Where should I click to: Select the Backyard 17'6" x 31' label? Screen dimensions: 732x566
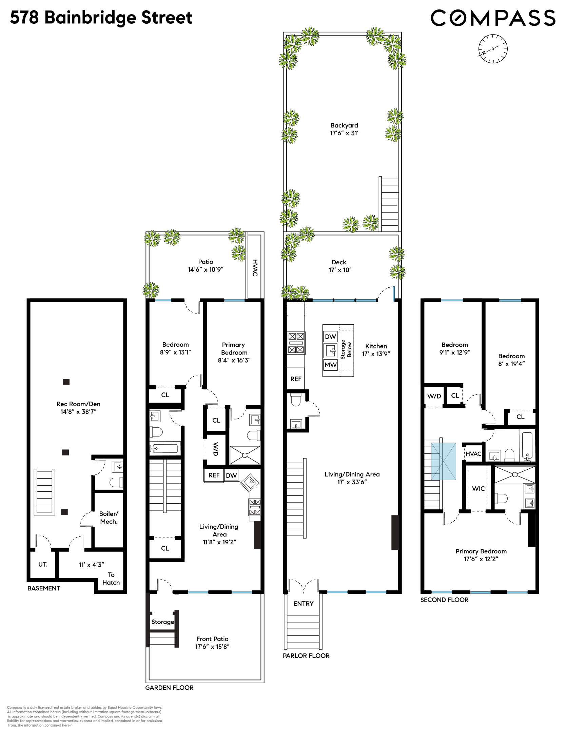(x=344, y=129)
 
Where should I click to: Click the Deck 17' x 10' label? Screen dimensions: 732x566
(x=339, y=266)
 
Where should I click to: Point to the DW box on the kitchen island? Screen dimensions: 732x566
(x=330, y=337)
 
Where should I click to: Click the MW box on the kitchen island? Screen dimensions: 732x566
(x=330, y=365)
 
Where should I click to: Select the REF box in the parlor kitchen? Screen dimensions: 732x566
(x=296, y=379)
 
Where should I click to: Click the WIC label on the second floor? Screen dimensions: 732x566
(x=478, y=488)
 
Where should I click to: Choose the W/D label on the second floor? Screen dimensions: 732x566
(x=434, y=396)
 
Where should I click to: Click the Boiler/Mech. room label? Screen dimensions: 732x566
(x=109, y=517)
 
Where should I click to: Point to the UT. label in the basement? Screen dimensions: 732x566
(x=43, y=564)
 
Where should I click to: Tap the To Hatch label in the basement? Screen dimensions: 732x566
(x=111, y=578)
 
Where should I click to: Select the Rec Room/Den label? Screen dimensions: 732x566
(x=78, y=408)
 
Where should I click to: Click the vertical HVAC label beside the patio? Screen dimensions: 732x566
(x=255, y=268)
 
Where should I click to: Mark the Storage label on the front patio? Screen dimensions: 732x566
(x=162, y=622)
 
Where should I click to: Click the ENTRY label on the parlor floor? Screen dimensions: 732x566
(x=303, y=604)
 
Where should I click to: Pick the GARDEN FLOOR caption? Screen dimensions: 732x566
(x=169, y=688)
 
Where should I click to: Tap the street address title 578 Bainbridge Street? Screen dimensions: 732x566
(x=101, y=18)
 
